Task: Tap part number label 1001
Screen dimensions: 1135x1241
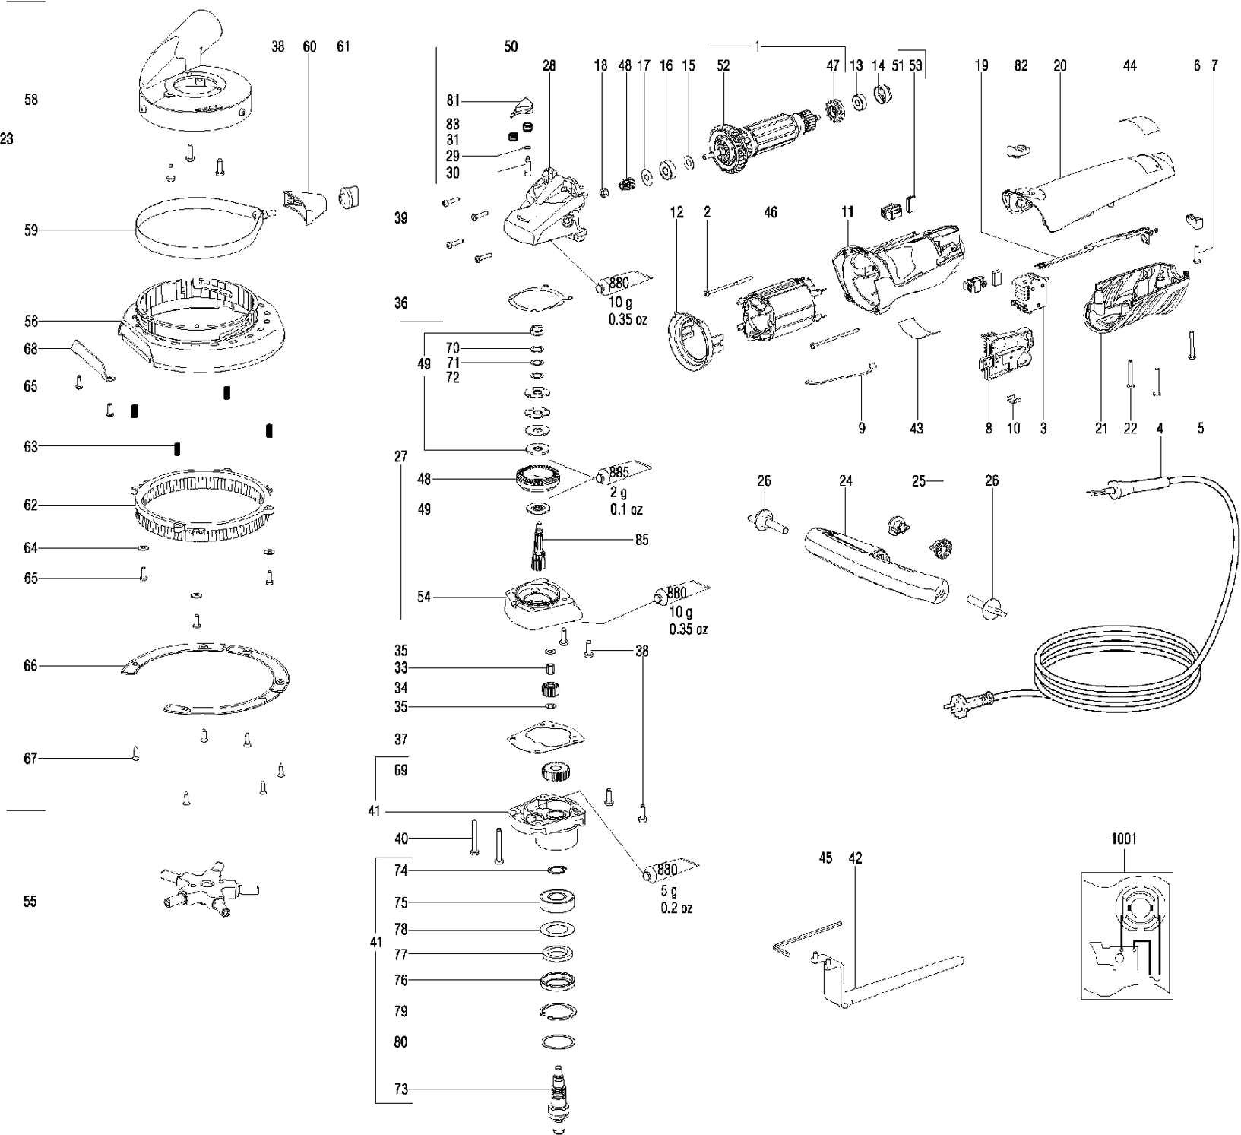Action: click(1123, 839)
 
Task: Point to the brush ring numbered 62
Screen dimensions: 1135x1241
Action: click(203, 506)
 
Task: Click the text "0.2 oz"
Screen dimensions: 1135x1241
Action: click(676, 908)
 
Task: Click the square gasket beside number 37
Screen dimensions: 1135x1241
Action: click(546, 738)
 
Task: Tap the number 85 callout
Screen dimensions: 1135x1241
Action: click(642, 541)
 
